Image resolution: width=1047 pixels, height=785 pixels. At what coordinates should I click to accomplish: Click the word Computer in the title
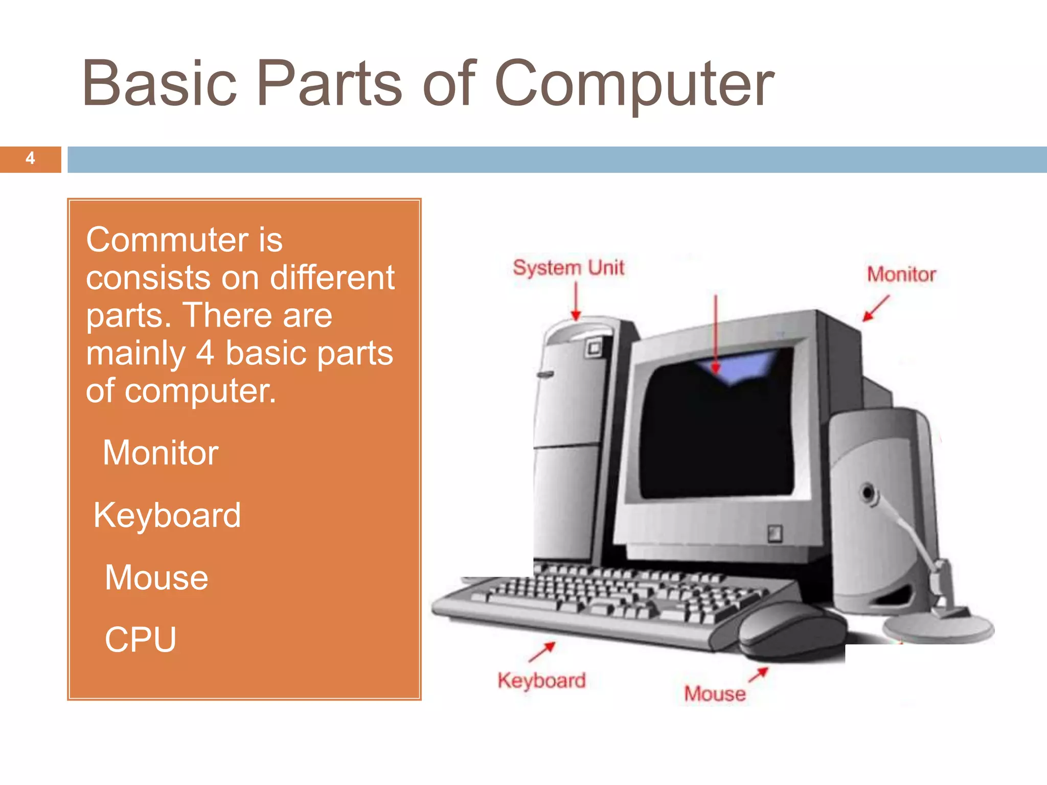tap(634, 84)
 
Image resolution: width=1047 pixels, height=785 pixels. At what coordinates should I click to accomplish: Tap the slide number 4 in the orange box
tap(30, 158)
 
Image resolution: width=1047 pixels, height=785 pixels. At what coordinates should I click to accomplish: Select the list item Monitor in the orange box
tap(161, 453)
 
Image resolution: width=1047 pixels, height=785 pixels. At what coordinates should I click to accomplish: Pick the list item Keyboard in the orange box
tap(167, 515)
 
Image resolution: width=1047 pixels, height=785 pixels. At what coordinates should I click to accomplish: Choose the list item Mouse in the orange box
tap(156, 578)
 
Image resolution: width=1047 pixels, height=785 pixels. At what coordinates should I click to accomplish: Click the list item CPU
tap(141, 640)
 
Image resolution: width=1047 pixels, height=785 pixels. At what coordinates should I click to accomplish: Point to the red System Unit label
tap(568, 268)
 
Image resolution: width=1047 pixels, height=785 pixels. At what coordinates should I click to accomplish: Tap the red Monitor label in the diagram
tap(901, 274)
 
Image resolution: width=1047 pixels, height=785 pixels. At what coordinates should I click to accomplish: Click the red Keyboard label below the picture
tap(542, 681)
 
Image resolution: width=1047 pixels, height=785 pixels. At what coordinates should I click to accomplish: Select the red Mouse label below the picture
tap(715, 694)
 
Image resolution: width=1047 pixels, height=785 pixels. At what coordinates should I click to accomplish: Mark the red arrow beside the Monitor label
tap(876, 308)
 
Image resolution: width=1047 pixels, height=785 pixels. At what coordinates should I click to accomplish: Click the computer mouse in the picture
tap(790, 631)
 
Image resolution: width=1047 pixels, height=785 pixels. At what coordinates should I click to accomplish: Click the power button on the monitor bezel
tap(775, 534)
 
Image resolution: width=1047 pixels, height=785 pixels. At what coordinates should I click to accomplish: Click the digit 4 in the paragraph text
tap(205, 353)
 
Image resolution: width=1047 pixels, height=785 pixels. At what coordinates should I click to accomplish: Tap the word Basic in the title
tap(160, 84)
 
